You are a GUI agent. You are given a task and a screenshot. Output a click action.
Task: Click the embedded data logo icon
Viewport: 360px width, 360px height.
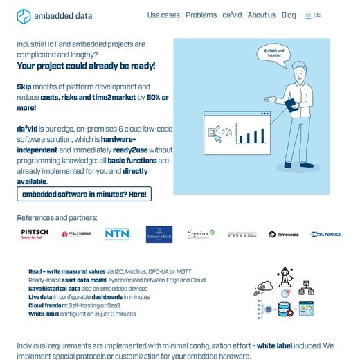(x=24, y=16)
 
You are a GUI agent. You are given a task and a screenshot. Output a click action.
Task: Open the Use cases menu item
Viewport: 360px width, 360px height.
(x=163, y=15)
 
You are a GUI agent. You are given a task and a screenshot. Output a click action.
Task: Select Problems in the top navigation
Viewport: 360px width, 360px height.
(x=201, y=15)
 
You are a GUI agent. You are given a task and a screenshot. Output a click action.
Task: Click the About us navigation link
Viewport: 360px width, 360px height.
(x=261, y=15)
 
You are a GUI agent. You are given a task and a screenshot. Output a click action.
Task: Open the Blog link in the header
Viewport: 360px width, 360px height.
(x=289, y=15)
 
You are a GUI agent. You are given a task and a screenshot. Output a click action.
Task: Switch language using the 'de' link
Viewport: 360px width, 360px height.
(x=318, y=15)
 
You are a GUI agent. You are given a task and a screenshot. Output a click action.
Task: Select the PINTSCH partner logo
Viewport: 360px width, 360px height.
(x=35, y=234)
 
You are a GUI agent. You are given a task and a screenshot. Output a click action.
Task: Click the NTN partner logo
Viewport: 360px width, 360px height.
(x=117, y=234)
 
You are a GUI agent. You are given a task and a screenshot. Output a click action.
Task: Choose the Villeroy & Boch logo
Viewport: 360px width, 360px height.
(x=159, y=234)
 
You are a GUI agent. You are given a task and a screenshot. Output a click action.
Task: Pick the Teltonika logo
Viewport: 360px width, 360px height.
(x=325, y=235)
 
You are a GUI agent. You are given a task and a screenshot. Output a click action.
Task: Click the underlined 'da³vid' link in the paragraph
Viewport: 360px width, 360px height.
(x=27, y=129)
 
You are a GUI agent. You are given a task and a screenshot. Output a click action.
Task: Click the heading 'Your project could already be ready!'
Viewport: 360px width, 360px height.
(x=86, y=66)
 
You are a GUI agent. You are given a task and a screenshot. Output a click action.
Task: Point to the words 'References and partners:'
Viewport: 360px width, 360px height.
(x=57, y=217)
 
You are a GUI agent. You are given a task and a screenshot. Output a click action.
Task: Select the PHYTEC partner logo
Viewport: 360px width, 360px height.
(x=242, y=235)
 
